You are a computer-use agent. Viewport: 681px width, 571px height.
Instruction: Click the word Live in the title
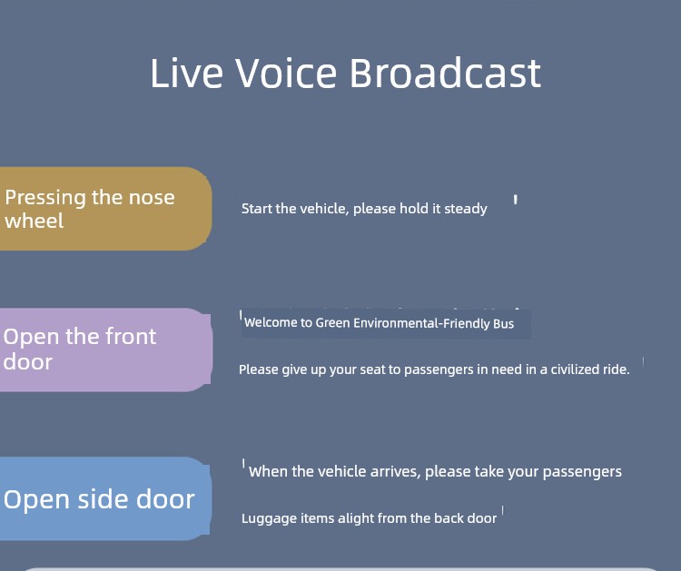point(187,73)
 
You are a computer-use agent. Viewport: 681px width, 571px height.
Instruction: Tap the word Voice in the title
point(286,73)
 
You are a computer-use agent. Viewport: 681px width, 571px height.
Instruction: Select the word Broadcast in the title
point(446,73)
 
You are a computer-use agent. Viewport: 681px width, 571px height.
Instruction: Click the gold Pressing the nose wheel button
point(105,209)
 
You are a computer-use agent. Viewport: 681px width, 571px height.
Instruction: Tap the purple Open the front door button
point(105,350)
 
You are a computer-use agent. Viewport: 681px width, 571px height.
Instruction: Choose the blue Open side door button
point(105,498)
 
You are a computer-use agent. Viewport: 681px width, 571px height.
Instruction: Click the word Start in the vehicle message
point(257,209)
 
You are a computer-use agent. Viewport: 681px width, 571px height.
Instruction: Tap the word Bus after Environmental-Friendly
point(504,323)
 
